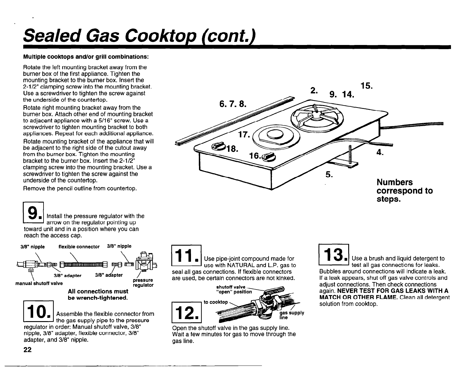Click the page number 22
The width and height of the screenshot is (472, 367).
tap(28, 350)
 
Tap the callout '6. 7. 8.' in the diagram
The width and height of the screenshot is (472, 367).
tap(233, 104)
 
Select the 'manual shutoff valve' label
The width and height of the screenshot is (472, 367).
tap(39, 283)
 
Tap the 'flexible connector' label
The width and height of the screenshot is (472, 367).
tap(79, 247)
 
